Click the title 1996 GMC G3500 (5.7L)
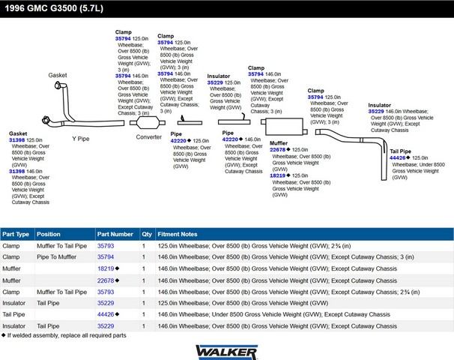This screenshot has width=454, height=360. click(x=54, y=8)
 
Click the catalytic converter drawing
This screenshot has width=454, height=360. click(x=148, y=122)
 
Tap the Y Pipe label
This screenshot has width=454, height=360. click(x=81, y=139)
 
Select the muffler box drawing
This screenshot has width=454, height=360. click(x=284, y=127)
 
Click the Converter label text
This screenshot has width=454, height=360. click(x=149, y=137)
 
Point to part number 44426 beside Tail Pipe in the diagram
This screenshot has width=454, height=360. click(x=398, y=158)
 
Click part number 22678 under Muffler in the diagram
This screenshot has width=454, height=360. click(x=277, y=150)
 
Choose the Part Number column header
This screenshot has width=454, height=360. click(x=115, y=234)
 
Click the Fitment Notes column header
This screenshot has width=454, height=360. click(x=178, y=234)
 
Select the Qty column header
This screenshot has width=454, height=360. click(x=147, y=234)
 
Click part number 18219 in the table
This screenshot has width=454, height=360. click(x=106, y=268)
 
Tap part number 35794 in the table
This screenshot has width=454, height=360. click(x=106, y=257)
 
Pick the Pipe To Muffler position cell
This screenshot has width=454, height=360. click(x=56, y=257)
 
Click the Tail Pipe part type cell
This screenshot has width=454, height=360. click(x=13, y=314)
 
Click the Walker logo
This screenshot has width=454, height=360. click(x=227, y=352)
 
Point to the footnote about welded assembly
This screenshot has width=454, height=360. click(x=64, y=335)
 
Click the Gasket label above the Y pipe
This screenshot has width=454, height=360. click(x=58, y=75)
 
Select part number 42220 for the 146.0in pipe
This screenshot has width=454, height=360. click(x=230, y=139)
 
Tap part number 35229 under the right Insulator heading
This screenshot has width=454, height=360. click(x=376, y=112)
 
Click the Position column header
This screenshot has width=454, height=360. click(x=49, y=234)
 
